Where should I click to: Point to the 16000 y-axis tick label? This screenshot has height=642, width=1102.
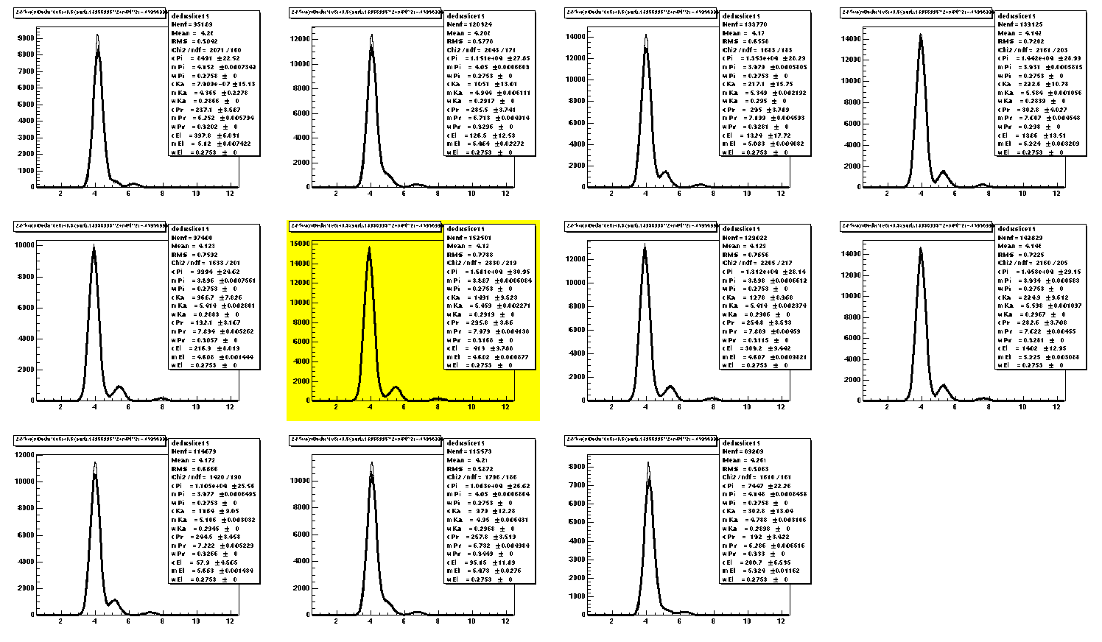[300, 242]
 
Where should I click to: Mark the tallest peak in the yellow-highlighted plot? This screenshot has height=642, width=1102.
[369, 248]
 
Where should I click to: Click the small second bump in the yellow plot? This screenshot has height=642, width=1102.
[396, 387]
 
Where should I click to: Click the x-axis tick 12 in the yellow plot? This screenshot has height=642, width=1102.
[505, 407]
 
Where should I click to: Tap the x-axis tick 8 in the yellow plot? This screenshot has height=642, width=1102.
[438, 407]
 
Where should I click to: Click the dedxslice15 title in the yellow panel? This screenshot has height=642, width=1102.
[466, 229]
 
